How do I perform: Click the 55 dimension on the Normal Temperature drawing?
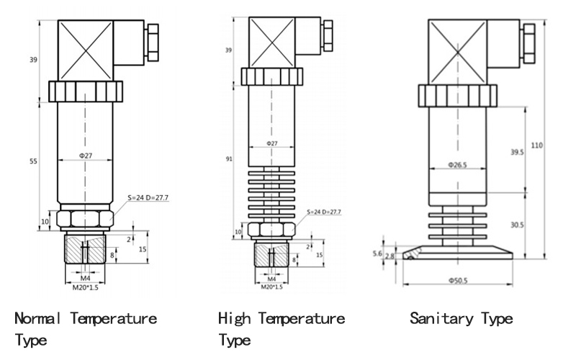coord(33,163)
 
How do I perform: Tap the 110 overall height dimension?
coord(536,145)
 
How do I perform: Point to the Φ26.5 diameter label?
coord(457,165)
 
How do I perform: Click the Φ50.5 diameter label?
coord(457,279)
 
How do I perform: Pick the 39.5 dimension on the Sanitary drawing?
coord(516,152)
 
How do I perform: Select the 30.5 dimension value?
coord(517,225)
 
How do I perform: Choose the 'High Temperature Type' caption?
coord(282,328)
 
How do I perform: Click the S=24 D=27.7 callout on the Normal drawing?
coord(148,196)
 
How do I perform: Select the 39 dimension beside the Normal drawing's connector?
coord(33,59)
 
